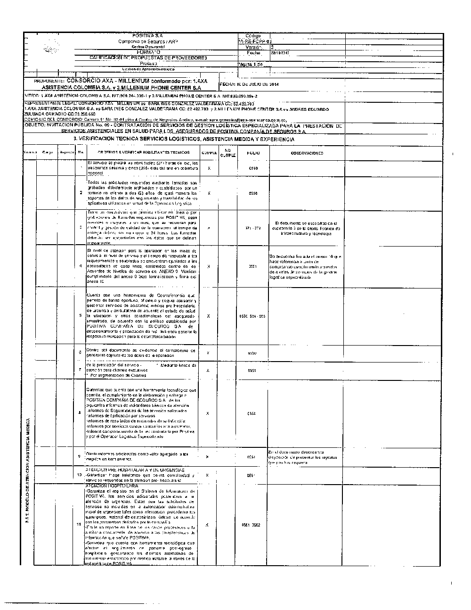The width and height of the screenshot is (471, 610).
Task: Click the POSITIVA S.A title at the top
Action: click(148, 36)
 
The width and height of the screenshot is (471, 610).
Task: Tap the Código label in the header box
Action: click(253, 36)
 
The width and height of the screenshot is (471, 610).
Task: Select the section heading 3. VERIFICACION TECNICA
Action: click(184, 139)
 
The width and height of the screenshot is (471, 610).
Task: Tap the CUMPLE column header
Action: click(209, 153)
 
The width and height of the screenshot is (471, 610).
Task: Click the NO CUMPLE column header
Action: click(228, 153)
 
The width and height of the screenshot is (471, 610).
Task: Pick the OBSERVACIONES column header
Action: click(307, 153)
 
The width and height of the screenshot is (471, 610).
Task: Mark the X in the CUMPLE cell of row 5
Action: click(209, 316)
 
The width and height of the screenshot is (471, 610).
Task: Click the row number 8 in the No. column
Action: click(81, 413)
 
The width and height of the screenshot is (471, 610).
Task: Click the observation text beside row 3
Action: click(307, 228)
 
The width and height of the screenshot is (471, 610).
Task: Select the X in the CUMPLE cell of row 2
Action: click(209, 193)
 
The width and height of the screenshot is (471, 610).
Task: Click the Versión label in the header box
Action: click(253, 47)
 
